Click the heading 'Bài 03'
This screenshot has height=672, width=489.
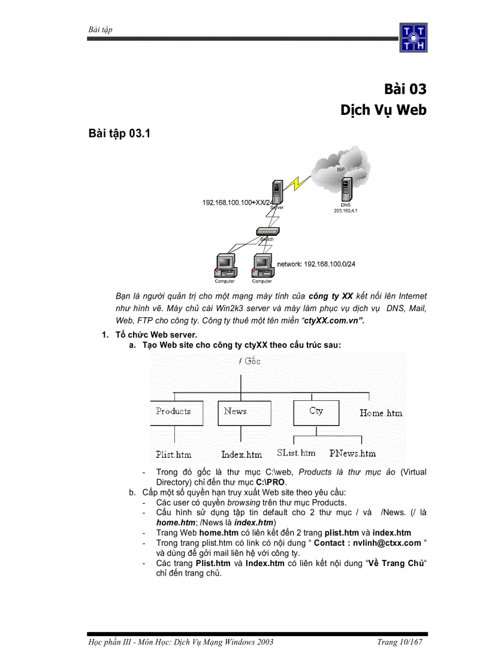[405, 89]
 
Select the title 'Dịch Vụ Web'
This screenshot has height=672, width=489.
[384, 110]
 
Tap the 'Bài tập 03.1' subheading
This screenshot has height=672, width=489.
[119, 134]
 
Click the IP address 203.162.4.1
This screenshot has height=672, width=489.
[346, 211]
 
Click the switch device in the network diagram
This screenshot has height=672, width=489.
[265, 232]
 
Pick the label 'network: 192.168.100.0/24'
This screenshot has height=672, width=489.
[319, 263]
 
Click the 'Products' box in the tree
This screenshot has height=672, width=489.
[173, 412]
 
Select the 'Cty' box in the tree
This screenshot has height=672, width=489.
[316, 412]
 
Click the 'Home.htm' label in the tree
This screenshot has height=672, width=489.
[381, 413]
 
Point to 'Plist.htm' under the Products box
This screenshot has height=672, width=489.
[173, 454]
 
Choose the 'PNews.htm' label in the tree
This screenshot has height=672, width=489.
[352, 454]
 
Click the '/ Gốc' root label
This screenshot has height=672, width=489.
[249, 361]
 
